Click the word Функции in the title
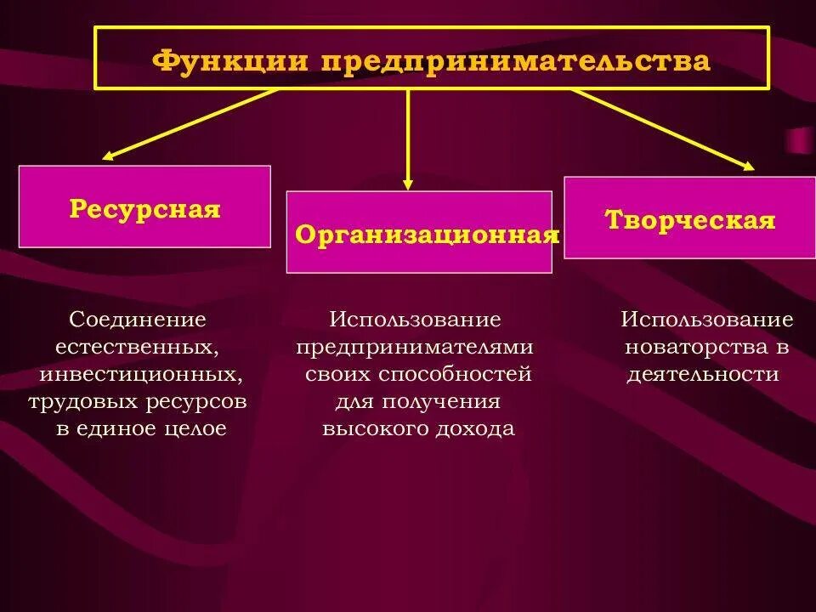pyautogui.click(x=229, y=61)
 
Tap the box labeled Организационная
pyautogui.click(x=419, y=232)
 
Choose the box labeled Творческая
pyautogui.click(x=689, y=218)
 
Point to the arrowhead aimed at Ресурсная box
pyautogui.click(x=108, y=156)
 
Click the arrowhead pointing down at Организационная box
pyautogui.click(x=408, y=182)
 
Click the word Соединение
pyautogui.click(x=139, y=320)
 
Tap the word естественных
pyautogui.click(x=134, y=347)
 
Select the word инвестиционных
pyautogui.click(x=138, y=374)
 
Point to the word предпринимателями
pyautogui.click(x=415, y=347)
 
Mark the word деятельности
pyautogui.click(x=703, y=374)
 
